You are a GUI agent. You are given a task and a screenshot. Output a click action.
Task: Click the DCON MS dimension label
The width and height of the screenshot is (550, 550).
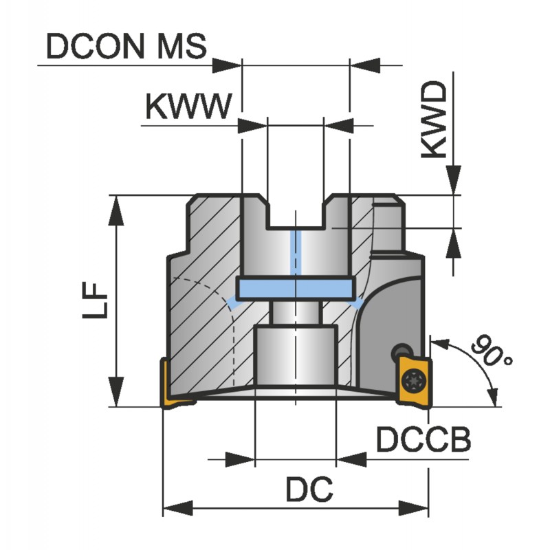pyautogui.click(x=125, y=47)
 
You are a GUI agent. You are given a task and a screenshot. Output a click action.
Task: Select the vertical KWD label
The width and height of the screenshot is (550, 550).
pyautogui.click(x=434, y=122)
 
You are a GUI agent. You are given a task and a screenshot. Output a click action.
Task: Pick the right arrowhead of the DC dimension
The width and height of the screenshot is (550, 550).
pyautogui.click(x=415, y=509)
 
